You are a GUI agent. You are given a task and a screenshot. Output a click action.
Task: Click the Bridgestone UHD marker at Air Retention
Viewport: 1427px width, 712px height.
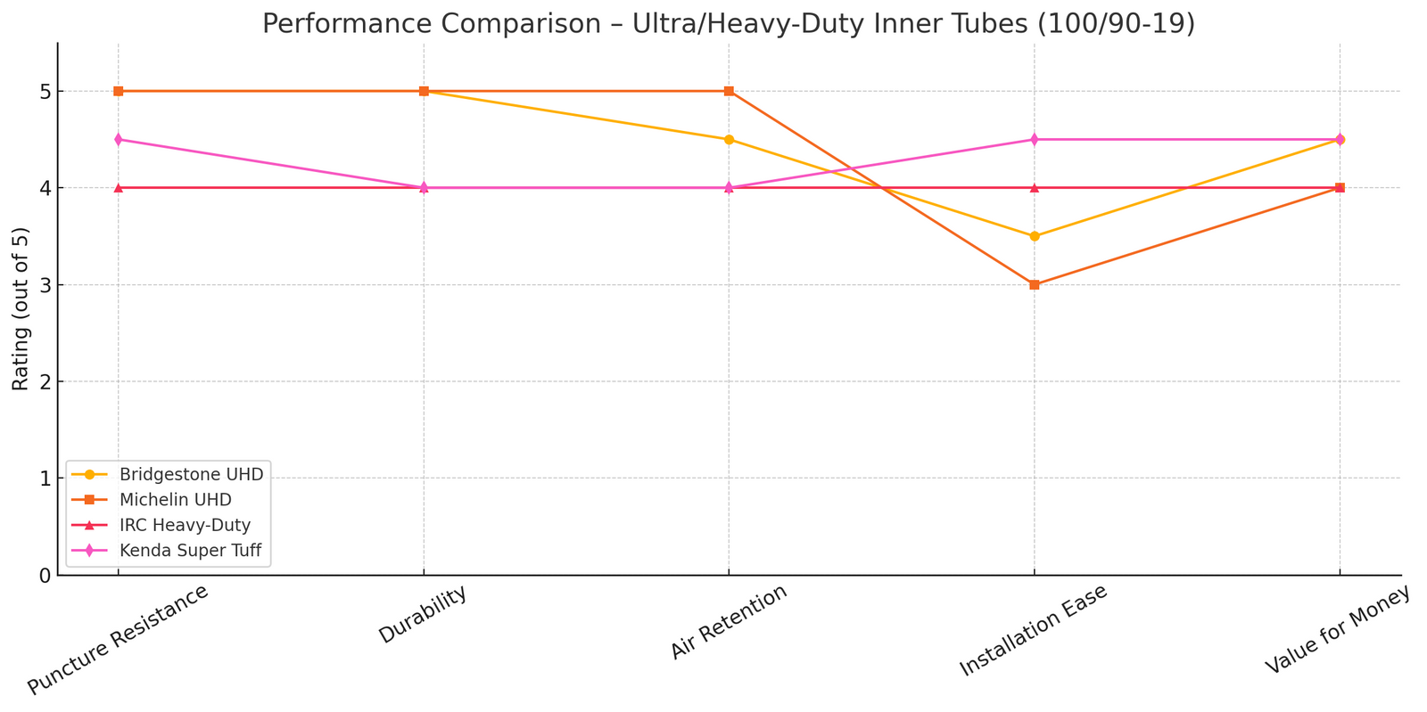coord(729,140)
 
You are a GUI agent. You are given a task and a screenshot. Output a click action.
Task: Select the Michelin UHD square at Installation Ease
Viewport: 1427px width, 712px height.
coord(1034,285)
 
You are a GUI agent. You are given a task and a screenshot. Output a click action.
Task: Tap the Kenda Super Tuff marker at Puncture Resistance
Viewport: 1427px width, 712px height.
coord(119,140)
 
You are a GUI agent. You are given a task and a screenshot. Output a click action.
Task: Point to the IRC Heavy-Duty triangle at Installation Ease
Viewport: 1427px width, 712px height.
coord(1034,188)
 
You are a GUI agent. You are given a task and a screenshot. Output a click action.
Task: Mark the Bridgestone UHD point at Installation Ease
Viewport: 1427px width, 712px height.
coord(1034,236)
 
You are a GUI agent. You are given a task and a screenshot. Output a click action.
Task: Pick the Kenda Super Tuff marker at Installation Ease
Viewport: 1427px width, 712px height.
coord(1034,140)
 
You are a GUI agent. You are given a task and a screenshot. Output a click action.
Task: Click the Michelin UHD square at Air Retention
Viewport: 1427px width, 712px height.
coord(729,91)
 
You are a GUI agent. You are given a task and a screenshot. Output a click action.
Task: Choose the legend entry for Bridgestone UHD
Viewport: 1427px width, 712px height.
coord(191,474)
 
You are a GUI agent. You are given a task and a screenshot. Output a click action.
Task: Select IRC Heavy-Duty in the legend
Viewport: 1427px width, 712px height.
coord(185,526)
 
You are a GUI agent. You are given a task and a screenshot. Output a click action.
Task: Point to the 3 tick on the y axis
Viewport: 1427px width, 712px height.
coord(44,285)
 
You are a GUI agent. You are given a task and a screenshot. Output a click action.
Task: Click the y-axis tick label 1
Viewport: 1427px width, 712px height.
coord(44,479)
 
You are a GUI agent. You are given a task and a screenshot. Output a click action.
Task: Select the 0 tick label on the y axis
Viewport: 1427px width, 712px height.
coord(44,576)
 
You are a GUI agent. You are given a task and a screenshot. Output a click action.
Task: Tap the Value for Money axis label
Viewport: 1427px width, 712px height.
coord(1338,630)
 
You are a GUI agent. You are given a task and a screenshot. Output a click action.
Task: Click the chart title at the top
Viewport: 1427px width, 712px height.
coord(728,23)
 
